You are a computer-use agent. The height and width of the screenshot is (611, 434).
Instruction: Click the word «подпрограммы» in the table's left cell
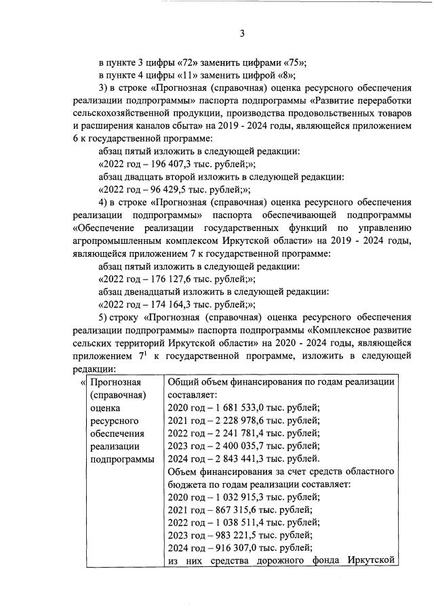pyautogui.click(x=123, y=459)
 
